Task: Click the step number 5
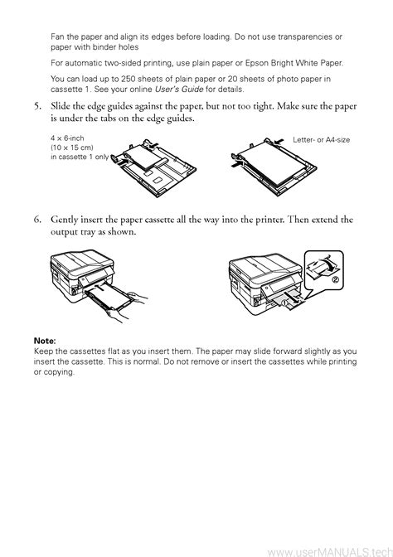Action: coord(37,106)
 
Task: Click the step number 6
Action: coord(37,220)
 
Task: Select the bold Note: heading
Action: coord(45,341)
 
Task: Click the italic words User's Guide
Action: coord(179,90)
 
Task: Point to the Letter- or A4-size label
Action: coord(321,140)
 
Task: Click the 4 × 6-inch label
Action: coord(67,138)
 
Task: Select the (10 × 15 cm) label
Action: coord(72,148)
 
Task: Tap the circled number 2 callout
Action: coord(335,279)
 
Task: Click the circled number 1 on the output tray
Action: coord(284,303)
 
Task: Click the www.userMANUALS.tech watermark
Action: coord(330,552)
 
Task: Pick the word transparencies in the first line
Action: coord(305,37)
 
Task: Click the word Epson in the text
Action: coord(256,63)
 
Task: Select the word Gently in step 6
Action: coord(65,220)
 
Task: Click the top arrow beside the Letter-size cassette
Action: coord(279,142)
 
